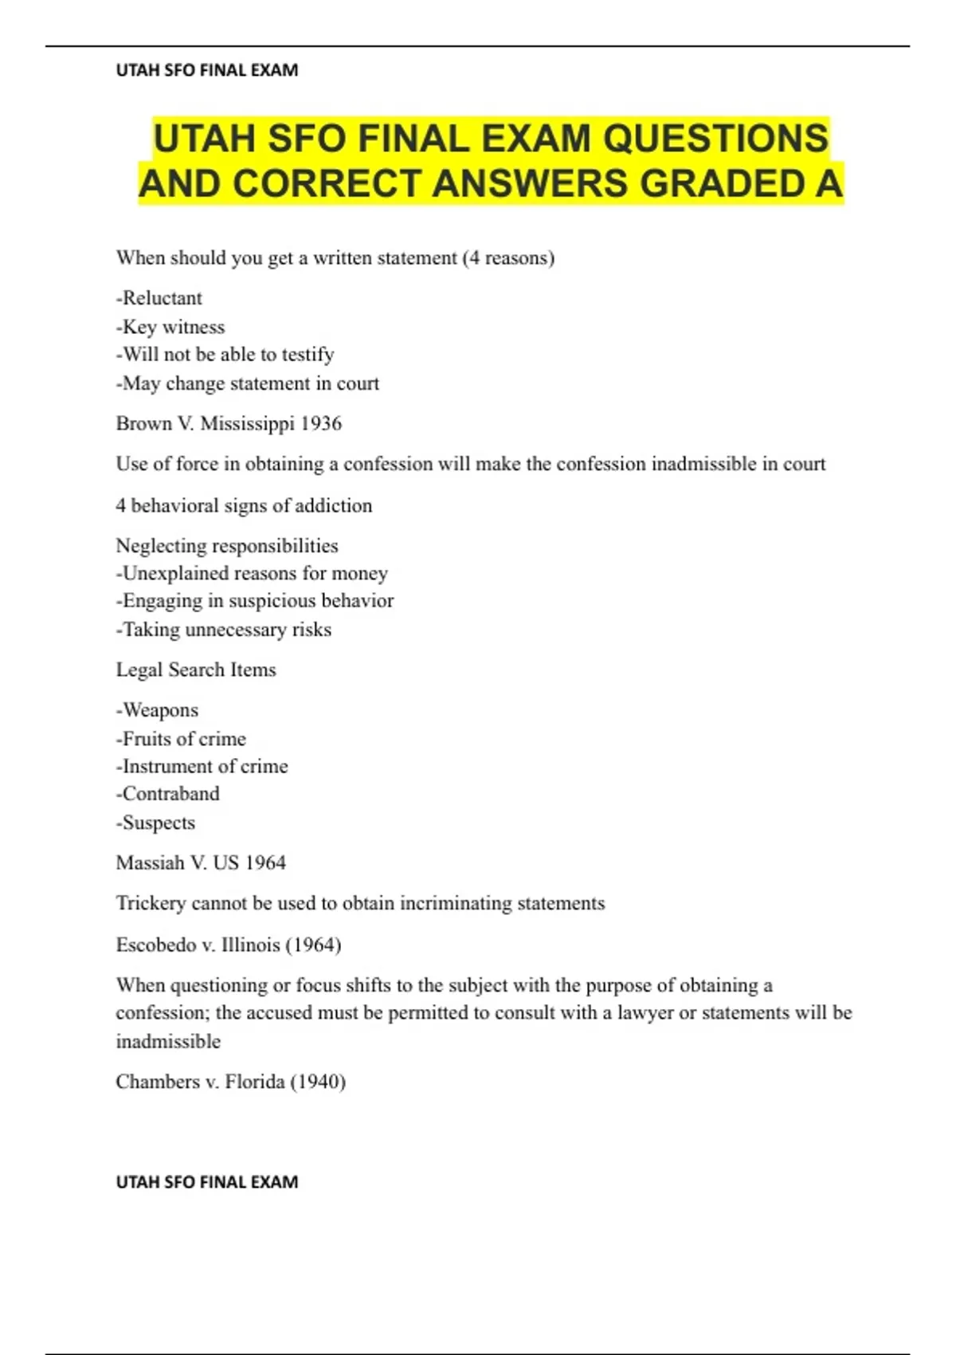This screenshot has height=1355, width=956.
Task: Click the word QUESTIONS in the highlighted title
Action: [715, 138]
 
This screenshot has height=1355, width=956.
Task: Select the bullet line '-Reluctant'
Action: [159, 298]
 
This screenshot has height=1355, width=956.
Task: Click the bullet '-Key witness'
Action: [170, 327]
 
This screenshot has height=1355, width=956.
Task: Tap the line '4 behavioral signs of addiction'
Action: [244, 505]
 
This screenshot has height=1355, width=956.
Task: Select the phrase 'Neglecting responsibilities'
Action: [227, 546]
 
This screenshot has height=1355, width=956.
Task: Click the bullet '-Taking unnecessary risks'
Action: [224, 630]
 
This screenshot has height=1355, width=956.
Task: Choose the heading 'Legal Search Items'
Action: [196, 670]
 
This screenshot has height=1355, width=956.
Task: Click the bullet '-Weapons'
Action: [158, 710]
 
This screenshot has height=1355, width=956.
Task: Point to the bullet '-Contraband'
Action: [168, 794]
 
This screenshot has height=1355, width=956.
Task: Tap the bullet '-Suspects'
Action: [156, 823]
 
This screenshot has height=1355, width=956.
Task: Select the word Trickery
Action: [151, 903]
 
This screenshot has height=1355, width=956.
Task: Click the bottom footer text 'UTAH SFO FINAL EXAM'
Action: [207, 1182]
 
